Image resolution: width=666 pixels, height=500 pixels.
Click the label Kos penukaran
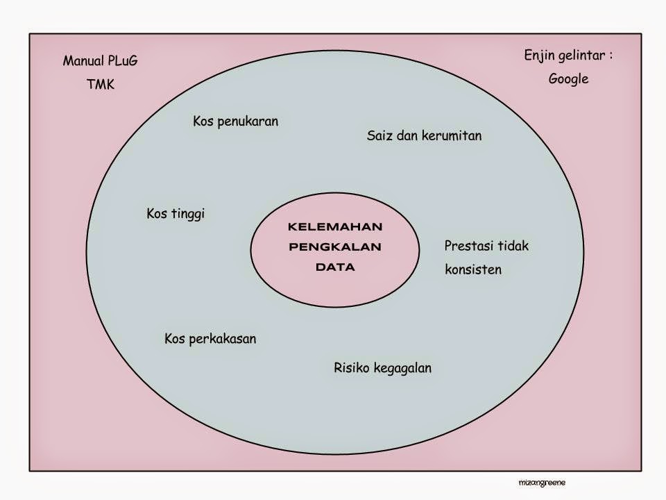tap(235, 122)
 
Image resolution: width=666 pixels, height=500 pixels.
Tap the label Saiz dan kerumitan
tap(424, 136)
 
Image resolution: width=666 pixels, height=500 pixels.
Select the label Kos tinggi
tap(176, 214)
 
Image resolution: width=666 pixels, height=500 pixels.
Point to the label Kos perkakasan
tap(210, 340)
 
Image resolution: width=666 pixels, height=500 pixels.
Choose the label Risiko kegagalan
tap(382, 368)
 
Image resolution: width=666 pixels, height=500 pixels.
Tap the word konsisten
tap(473, 269)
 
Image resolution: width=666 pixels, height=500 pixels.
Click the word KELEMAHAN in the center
tap(335, 227)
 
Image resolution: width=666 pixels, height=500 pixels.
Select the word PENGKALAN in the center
tap(335, 247)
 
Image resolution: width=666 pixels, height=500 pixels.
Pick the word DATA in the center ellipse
tap(335, 266)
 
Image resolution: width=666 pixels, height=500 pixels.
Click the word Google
tap(568, 79)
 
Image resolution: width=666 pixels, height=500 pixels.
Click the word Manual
tap(83, 61)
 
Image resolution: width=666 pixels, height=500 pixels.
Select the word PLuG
tap(122, 61)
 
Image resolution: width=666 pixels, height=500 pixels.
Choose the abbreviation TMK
tap(101, 85)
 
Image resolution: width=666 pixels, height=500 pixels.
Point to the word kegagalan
tap(402, 368)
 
